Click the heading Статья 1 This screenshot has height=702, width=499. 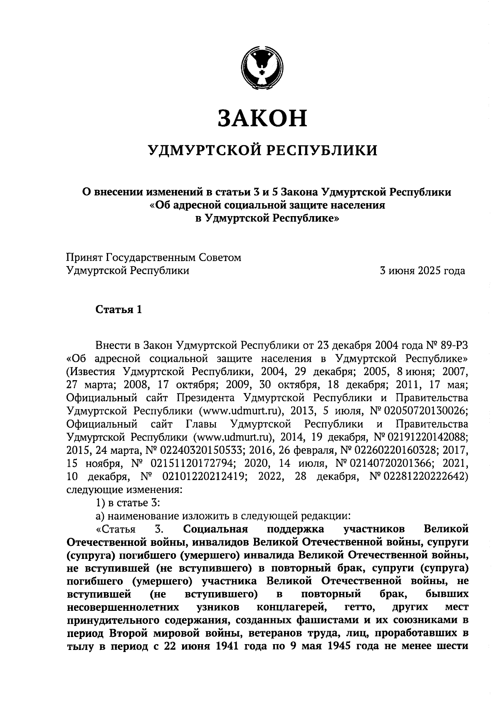click(x=119, y=310)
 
